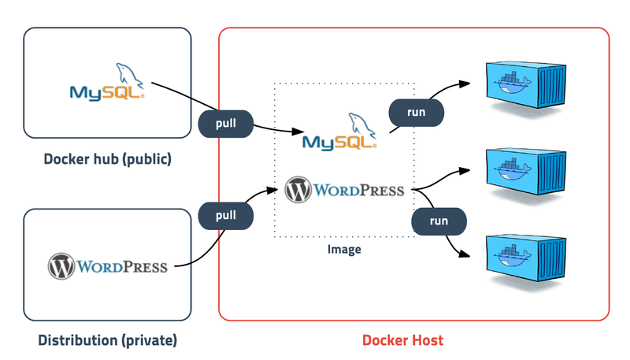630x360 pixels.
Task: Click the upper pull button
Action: point(226,124)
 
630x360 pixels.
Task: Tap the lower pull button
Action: point(226,215)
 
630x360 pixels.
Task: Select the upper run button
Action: point(416,112)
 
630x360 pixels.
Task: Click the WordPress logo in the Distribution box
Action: point(108,266)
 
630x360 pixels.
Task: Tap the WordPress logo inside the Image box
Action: point(344,190)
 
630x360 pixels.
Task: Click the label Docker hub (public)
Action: point(108,160)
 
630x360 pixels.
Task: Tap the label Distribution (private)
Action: point(108,340)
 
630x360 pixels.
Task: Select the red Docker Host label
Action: point(402,340)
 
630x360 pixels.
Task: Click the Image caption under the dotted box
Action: point(344,250)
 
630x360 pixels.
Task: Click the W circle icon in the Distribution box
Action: point(61,266)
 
